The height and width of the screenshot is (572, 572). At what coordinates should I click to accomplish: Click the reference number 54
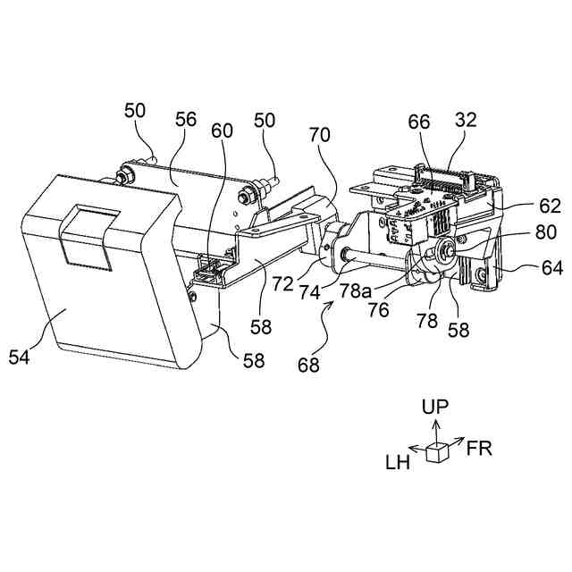tap(33, 357)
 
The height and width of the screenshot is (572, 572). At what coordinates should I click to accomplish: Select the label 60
tap(222, 130)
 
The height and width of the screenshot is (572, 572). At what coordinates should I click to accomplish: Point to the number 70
tap(319, 136)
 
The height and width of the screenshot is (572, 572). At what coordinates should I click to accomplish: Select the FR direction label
tap(479, 448)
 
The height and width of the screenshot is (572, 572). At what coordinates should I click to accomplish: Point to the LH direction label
tap(398, 462)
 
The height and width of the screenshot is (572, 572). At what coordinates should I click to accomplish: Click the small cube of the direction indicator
tap(436, 453)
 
